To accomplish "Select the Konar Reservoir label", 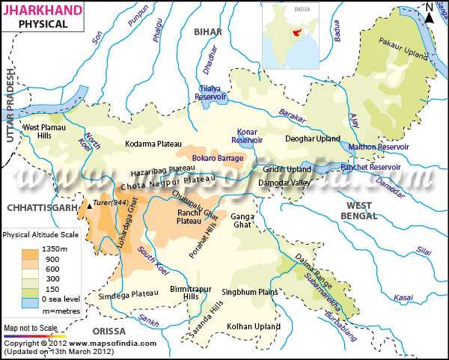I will pyautogui.click(x=247, y=135).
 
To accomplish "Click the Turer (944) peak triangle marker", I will pyautogui.click(x=91, y=204).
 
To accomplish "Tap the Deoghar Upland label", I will pyautogui.click(x=313, y=139).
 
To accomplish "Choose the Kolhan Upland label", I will pyautogui.click(x=253, y=326).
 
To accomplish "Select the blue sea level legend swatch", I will pyautogui.click(x=30, y=302).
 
